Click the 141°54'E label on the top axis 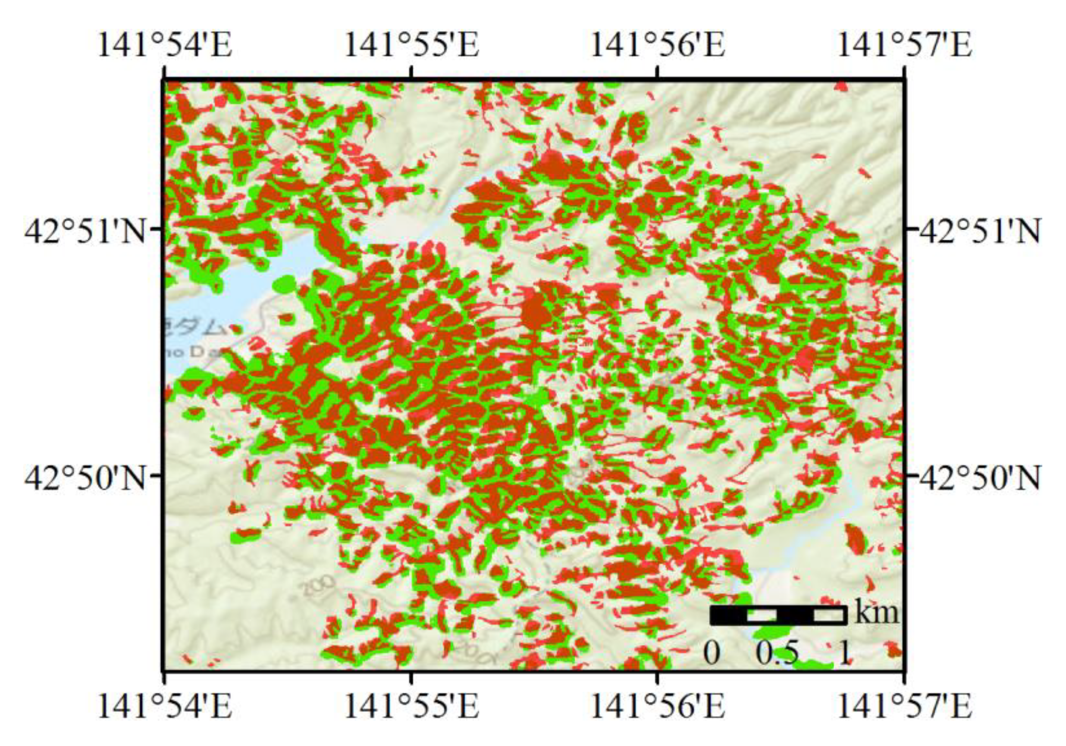(164, 45)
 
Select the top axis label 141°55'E (411, 45)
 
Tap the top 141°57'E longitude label (904, 45)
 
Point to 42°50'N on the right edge (980, 478)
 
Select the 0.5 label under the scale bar (777, 653)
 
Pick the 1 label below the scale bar (844, 653)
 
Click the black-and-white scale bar (778, 615)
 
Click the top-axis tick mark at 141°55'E (411, 72)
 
